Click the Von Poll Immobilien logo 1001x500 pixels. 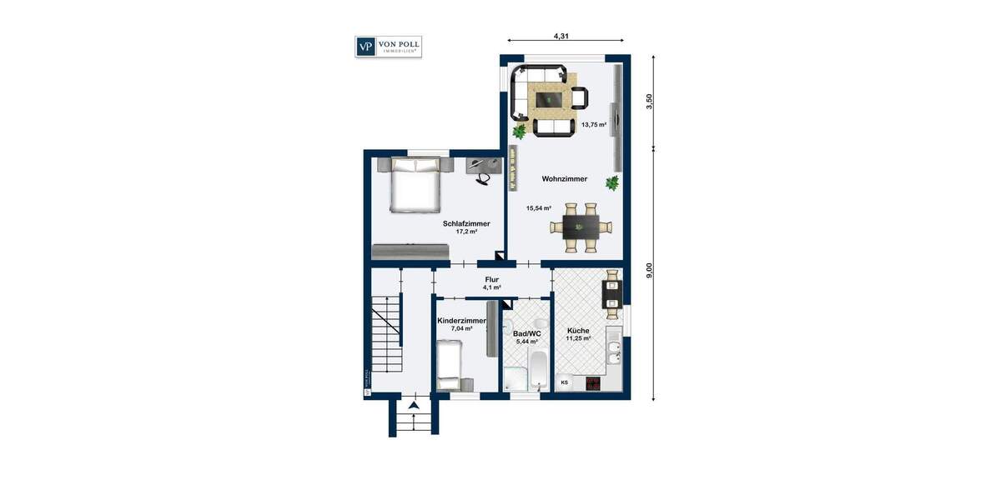[388, 47]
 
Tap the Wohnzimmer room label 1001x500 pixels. [564, 179]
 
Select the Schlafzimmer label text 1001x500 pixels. [465, 224]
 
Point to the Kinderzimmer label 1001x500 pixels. [461, 321]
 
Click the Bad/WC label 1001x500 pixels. [526, 333]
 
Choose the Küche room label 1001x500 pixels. [577, 331]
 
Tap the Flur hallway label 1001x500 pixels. [491, 280]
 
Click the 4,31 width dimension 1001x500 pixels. [566, 36]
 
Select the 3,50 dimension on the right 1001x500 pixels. [649, 102]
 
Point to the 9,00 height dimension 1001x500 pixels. [649, 272]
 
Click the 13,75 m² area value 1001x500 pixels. [594, 125]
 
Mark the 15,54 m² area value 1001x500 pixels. [538, 208]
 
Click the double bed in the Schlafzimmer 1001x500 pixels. [415, 187]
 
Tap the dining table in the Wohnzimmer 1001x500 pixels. [581, 226]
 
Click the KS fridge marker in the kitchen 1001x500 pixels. [565, 382]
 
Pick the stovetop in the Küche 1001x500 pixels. [592, 383]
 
